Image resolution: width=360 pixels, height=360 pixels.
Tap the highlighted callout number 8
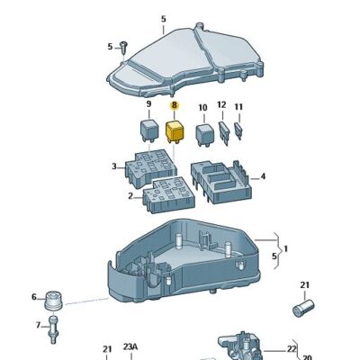tap(175, 105)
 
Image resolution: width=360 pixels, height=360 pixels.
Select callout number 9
tap(148, 105)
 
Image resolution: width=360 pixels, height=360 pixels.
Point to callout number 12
tap(221, 104)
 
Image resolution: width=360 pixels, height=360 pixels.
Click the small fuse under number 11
tap(240, 130)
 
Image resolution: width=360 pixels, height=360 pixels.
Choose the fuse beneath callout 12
tap(224, 129)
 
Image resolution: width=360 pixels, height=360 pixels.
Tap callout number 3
tap(113, 166)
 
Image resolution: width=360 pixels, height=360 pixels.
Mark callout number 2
tap(130, 195)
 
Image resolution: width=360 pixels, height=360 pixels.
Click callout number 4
tap(263, 176)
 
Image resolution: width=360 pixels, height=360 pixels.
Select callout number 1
tap(287, 248)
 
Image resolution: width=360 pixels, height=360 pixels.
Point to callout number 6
tap(35, 297)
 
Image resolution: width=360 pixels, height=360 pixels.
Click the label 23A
tap(130, 348)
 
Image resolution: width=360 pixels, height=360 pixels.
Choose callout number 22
tap(292, 348)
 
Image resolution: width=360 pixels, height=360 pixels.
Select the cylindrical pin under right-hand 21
tap(304, 309)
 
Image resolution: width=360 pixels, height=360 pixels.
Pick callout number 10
tap(202, 107)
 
